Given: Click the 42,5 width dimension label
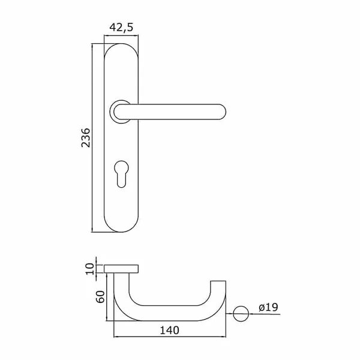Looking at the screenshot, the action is [121, 28].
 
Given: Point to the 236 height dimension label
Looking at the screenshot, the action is [86, 138].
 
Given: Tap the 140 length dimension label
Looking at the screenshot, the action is [169, 331].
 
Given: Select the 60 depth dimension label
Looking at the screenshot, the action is [100, 296].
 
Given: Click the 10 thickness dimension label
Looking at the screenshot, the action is [90, 269].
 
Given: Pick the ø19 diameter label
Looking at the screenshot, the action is [268, 307].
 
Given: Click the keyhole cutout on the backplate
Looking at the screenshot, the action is [121, 174].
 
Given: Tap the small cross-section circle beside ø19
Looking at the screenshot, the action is [241, 314].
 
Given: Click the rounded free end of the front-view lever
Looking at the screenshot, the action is [222, 112].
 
